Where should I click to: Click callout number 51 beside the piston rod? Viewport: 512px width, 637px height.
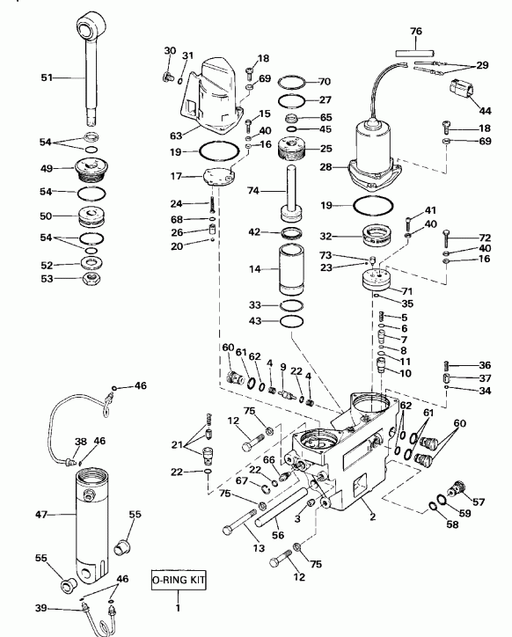(47, 78)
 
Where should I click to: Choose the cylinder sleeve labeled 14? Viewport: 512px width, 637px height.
(289, 270)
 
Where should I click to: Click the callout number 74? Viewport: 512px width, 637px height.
(253, 190)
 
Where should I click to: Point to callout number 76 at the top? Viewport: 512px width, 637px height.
(416, 32)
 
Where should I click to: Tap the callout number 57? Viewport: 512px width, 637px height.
(479, 502)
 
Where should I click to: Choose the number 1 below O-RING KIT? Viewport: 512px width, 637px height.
(179, 606)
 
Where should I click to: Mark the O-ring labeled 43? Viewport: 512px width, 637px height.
(289, 322)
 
